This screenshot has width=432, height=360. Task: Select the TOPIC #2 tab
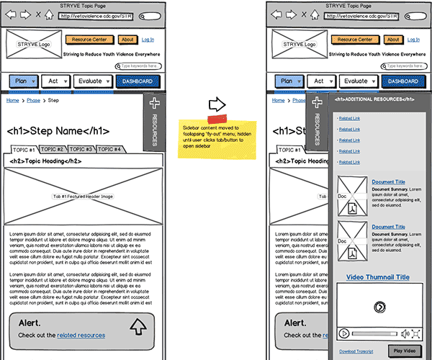52,149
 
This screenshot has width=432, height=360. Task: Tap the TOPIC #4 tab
109,149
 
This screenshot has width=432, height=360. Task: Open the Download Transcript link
356,351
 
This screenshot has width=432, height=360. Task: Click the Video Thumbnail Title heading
377,277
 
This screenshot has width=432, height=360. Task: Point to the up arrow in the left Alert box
138,328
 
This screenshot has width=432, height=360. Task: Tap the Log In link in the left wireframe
148,40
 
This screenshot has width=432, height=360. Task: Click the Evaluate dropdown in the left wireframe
93,81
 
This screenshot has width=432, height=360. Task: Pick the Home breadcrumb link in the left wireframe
12,101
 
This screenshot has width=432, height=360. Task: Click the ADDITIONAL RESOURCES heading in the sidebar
374,99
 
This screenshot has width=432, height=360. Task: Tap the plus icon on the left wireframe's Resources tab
153,104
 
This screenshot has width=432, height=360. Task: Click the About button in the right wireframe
392,40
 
